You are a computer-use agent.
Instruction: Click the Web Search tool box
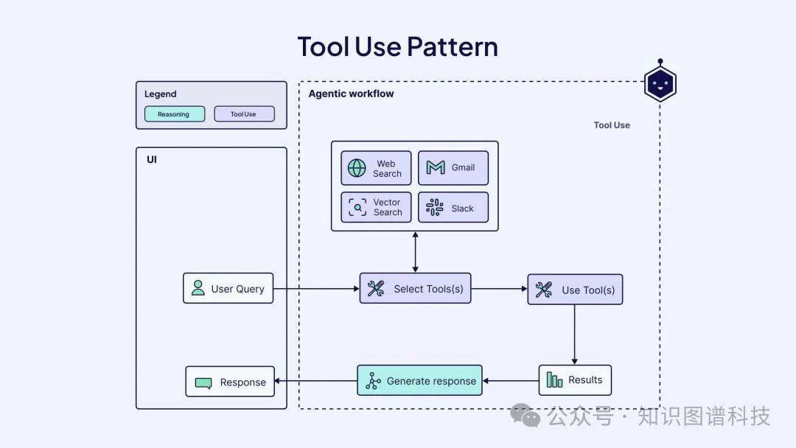[x=376, y=168]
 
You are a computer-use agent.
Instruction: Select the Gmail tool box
[x=453, y=168]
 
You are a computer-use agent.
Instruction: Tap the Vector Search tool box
[x=376, y=207]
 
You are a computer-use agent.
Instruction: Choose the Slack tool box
[x=453, y=207]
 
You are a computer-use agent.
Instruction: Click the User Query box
[x=228, y=288]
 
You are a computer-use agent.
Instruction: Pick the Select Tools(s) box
[x=415, y=288]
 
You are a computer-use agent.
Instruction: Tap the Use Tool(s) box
[x=575, y=290]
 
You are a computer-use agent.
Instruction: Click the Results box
[x=575, y=380]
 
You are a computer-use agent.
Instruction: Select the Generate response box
[x=419, y=380]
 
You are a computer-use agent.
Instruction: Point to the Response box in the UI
[x=230, y=382]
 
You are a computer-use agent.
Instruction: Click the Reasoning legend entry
[x=174, y=114]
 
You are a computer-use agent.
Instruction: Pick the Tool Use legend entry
[x=244, y=114]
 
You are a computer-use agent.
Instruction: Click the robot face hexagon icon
[x=660, y=84]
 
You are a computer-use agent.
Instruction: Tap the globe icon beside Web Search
[x=357, y=168]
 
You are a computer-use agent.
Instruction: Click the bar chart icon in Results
[x=554, y=380]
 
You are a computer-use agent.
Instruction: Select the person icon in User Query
[x=198, y=288]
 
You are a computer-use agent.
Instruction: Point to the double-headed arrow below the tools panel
[x=415, y=252]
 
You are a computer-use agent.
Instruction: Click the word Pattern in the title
[x=452, y=46]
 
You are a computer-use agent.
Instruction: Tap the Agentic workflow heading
[x=351, y=94]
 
